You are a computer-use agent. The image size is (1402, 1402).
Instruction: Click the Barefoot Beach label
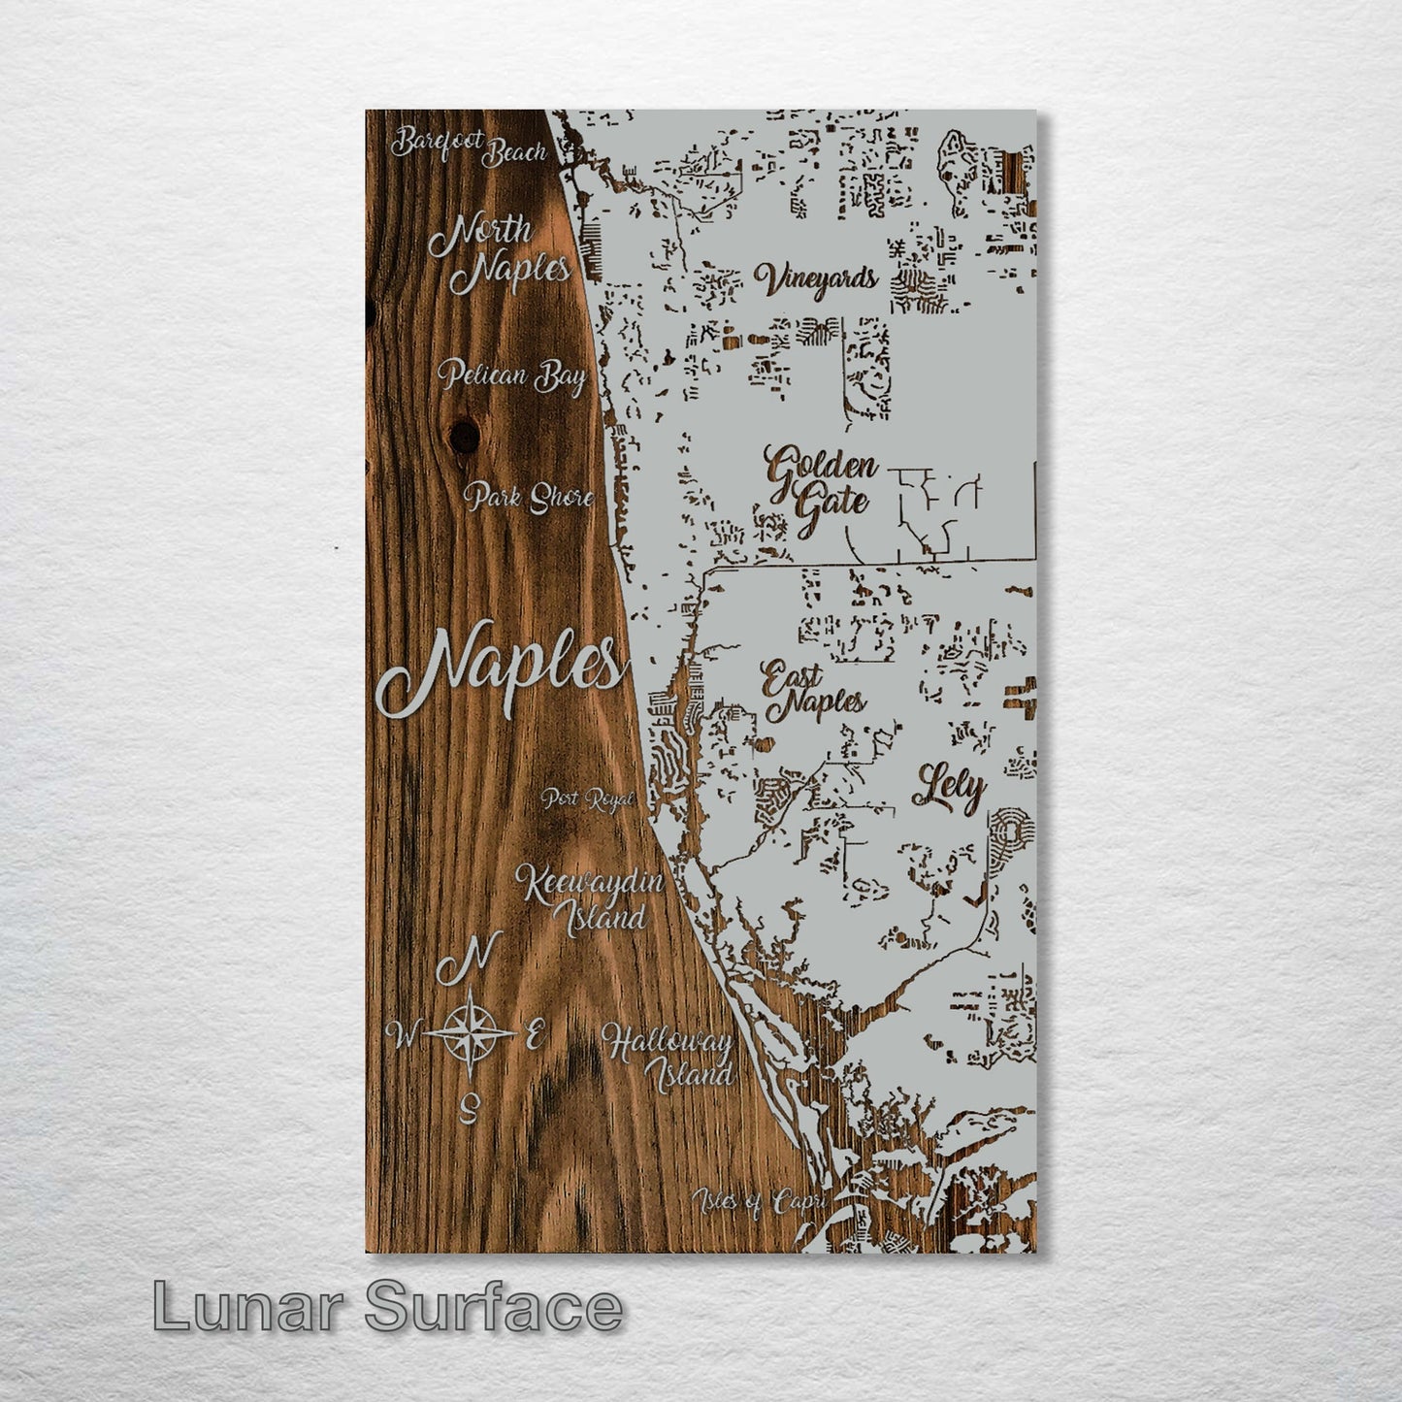tap(469, 146)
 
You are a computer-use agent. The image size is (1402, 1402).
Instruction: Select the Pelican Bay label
tap(510, 375)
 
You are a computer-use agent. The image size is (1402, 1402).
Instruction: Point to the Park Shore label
tap(529, 498)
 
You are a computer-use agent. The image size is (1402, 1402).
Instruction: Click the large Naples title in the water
tap(501, 669)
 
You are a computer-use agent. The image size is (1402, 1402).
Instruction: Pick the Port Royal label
tap(587, 799)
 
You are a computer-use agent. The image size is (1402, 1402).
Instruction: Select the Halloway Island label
tap(668, 1058)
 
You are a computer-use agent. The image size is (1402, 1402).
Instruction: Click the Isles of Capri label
tap(759, 1202)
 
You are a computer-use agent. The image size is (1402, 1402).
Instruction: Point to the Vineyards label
tap(816, 280)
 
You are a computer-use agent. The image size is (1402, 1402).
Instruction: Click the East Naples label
tap(812, 691)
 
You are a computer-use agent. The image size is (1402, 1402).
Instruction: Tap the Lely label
tap(949, 790)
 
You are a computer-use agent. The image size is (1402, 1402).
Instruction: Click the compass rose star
tap(470, 1032)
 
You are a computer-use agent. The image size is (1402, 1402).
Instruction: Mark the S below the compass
tap(471, 1105)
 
